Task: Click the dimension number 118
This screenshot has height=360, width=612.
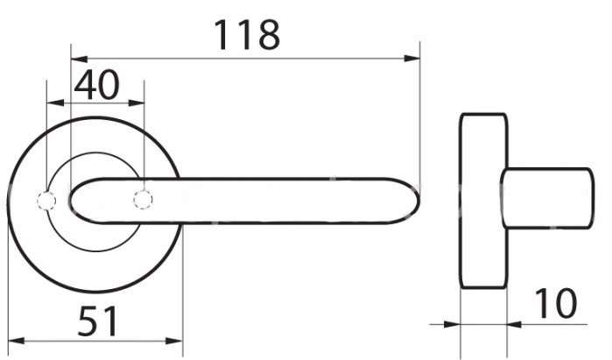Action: point(247,35)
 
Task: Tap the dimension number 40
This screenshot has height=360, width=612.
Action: point(96,85)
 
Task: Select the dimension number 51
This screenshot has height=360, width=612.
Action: point(97,321)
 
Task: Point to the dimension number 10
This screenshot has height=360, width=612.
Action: point(556,303)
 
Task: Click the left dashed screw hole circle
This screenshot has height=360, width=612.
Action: point(46,201)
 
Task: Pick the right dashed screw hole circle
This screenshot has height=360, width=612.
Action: point(143,200)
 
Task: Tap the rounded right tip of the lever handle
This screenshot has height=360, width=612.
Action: point(419,201)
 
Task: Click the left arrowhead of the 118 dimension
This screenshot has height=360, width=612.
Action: point(79,60)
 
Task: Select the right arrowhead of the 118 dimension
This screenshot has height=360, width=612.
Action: point(412,59)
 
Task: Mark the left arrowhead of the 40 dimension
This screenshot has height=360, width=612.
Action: point(55,103)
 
